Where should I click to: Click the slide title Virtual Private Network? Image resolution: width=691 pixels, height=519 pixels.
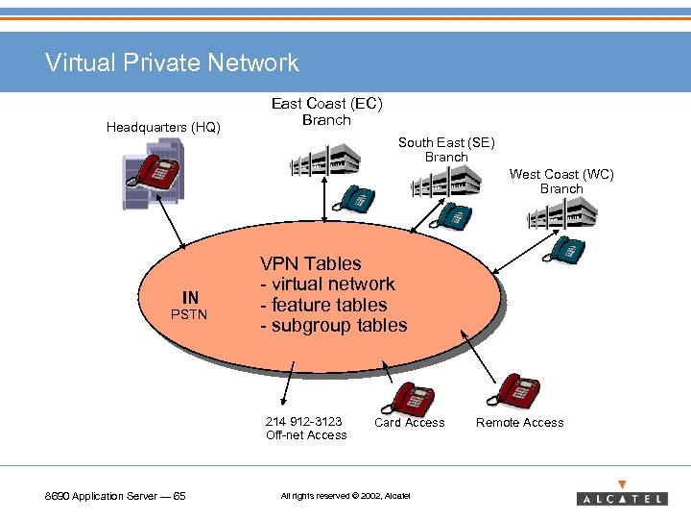tap(172, 63)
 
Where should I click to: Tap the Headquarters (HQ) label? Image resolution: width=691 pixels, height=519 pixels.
tap(163, 127)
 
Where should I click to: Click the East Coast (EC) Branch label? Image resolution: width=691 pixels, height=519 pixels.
tap(326, 111)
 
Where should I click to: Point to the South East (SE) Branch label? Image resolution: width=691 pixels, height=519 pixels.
tap(446, 149)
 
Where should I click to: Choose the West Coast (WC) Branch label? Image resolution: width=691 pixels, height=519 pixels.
tap(561, 181)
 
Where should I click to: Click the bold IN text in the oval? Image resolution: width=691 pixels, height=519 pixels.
tap(190, 298)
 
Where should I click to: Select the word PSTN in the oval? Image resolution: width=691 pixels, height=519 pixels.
tap(189, 314)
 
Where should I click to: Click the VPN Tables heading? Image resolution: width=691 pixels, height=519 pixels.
tap(311, 263)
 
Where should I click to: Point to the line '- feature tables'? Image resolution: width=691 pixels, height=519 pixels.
tap(322, 305)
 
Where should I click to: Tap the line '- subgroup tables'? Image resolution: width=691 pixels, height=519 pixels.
tap(333, 325)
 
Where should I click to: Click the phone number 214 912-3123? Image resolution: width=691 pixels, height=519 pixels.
tap(304, 421)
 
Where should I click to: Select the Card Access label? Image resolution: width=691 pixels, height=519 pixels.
tap(409, 422)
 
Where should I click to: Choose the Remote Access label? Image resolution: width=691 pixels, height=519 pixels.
tap(519, 422)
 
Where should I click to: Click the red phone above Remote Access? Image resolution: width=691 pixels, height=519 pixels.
tap(512, 390)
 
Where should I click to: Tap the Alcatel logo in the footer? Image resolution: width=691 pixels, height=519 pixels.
tap(621, 496)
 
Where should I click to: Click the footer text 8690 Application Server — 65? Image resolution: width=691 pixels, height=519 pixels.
tap(116, 496)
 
